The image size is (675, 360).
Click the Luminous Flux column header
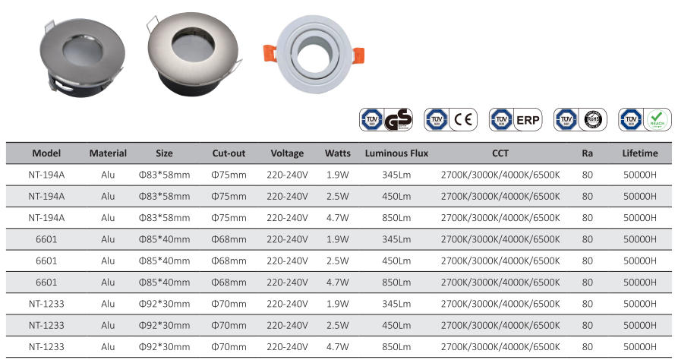(x=396, y=153)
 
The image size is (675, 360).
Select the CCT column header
(x=500, y=153)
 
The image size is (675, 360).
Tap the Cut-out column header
(x=229, y=153)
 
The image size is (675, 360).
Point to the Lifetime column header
(x=640, y=153)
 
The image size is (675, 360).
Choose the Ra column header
(x=587, y=153)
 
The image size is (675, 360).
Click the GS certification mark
(x=398, y=120)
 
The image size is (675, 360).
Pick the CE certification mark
(x=463, y=120)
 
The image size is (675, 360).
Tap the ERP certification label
(x=528, y=120)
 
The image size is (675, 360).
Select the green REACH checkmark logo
(x=658, y=120)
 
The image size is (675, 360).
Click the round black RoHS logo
(x=593, y=120)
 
